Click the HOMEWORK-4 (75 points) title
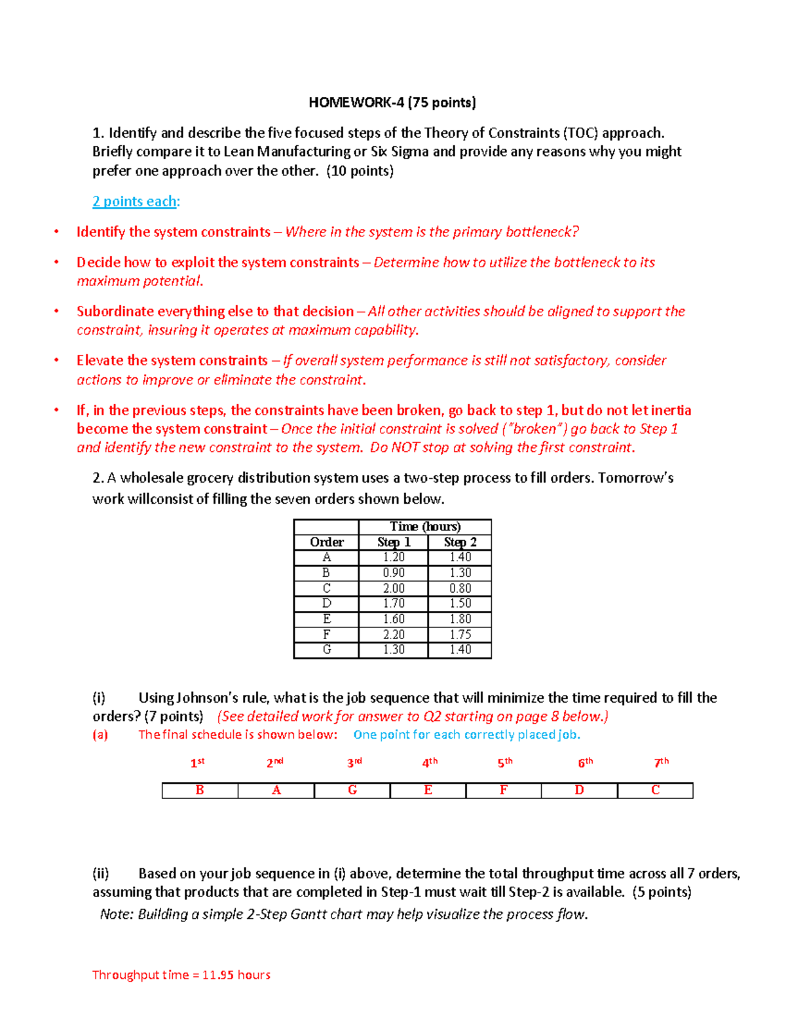(x=392, y=102)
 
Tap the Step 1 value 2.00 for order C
(x=394, y=588)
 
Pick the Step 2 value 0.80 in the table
(x=460, y=588)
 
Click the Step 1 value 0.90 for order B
(x=394, y=572)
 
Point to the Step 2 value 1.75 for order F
(x=460, y=635)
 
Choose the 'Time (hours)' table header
(x=425, y=527)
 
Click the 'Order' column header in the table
(x=326, y=542)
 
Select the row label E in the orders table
(x=326, y=619)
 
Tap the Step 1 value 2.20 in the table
(x=394, y=635)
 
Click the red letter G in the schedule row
(x=352, y=790)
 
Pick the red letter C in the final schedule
(x=655, y=790)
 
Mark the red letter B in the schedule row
(x=200, y=790)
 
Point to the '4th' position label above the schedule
(x=430, y=762)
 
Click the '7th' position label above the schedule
(x=662, y=762)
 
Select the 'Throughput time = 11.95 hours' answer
(x=181, y=975)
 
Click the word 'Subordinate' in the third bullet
(x=115, y=312)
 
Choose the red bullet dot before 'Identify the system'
(x=57, y=232)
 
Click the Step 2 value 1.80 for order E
(x=460, y=619)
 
